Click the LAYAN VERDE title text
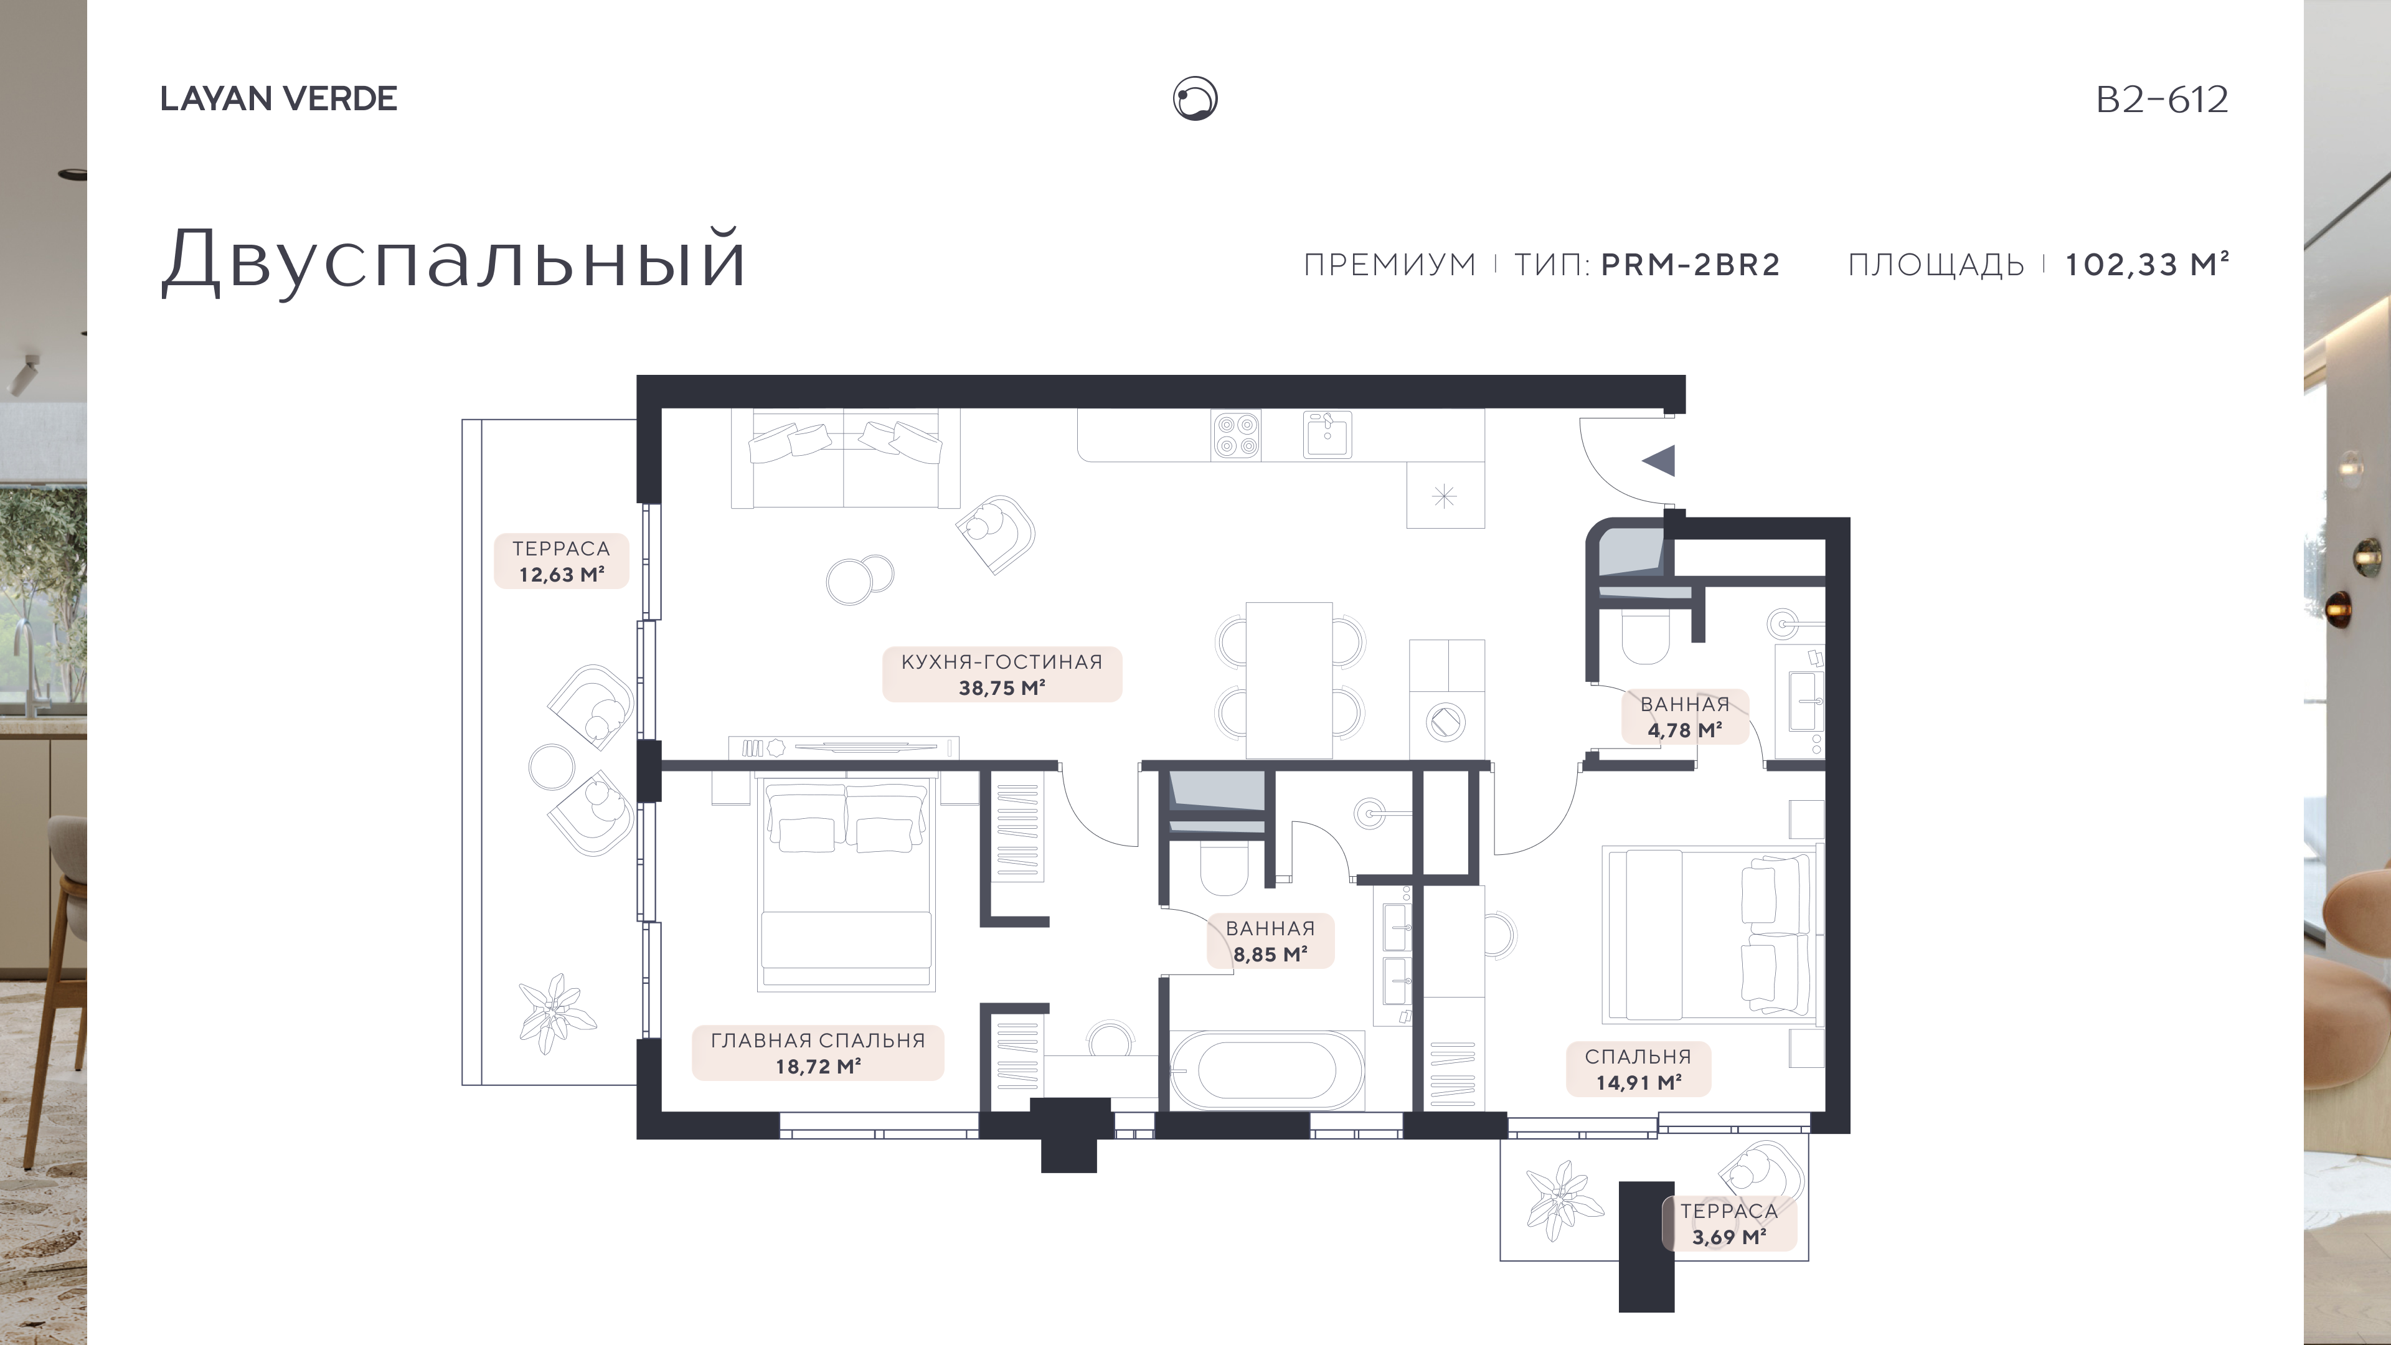point(278,98)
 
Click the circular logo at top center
point(1195,98)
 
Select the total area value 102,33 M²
point(2146,265)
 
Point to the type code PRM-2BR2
point(1691,265)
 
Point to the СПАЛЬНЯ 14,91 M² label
point(1638,1069)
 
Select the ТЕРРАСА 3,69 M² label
point(1729,1224)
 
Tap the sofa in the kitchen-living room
point(845,458)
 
